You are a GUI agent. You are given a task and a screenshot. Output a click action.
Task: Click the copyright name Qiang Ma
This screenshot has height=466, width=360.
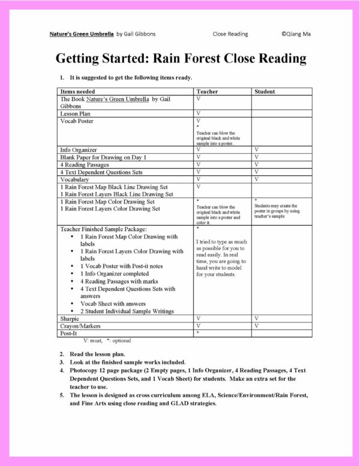[x=296, y=34]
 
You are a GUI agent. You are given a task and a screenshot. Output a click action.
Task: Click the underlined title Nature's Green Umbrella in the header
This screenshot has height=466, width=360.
[x=81, y=34]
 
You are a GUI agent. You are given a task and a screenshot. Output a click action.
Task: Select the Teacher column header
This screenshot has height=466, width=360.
[x=207, y=92]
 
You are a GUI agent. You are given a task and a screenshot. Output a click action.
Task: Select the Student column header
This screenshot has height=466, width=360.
[x=265, y=92]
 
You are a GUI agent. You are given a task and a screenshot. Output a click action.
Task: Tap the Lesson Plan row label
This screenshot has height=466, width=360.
[x=75, y=113]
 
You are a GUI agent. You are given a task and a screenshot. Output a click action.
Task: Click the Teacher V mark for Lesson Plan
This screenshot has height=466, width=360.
[x=197, y=113]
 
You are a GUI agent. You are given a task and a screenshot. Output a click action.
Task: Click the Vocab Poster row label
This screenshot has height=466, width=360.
[x=77, y=121]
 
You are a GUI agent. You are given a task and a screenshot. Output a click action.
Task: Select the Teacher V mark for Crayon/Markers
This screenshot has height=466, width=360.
[x=197, y=325]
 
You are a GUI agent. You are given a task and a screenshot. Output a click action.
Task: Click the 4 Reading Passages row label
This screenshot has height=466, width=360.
[x=85, y=164]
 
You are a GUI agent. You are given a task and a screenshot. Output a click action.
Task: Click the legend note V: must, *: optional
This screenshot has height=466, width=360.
[x=107, y=340]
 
